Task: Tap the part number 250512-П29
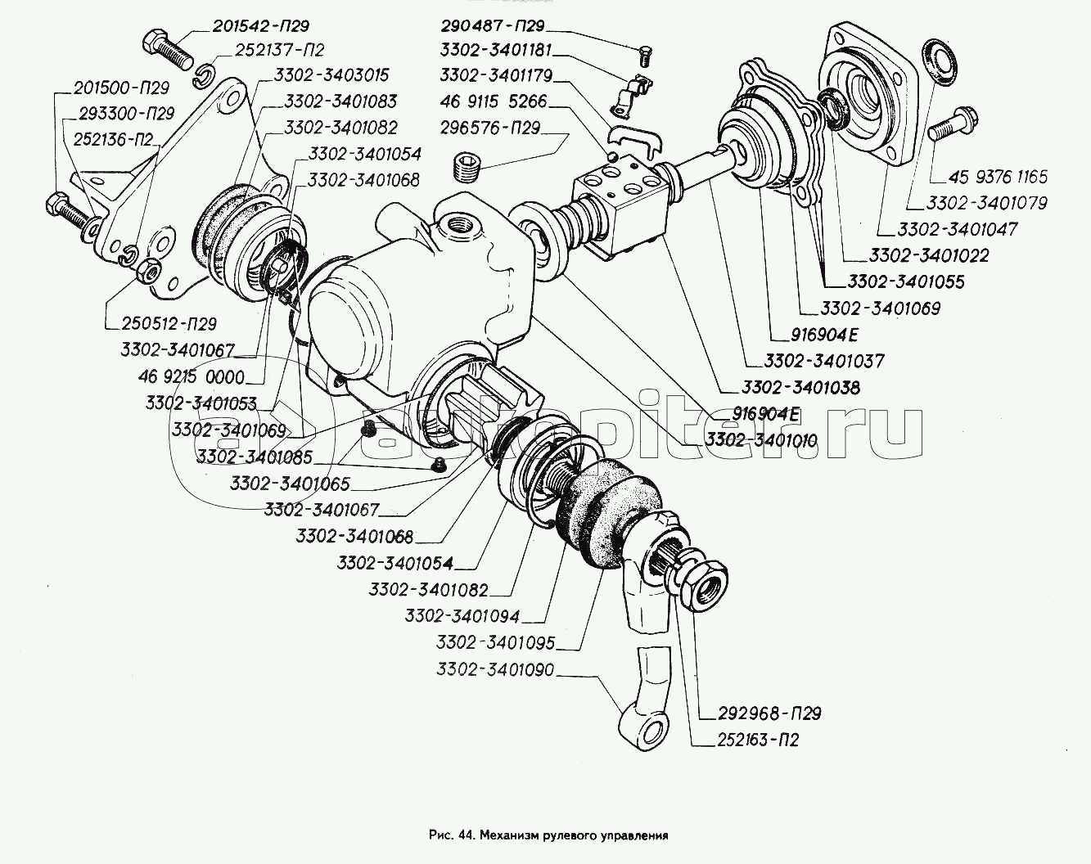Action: [165, 323]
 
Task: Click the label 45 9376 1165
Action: [998, 177]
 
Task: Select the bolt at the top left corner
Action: [165, 47]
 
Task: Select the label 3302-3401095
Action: [496, 643]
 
